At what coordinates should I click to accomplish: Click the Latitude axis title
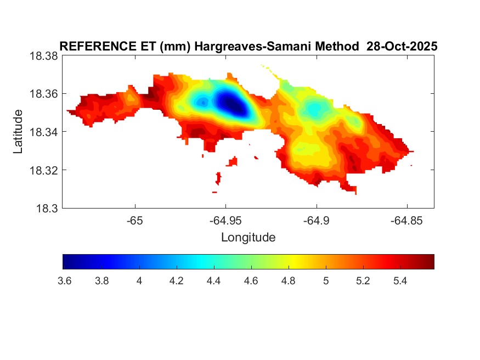click(18, 132)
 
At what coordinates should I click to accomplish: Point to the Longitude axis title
click(248, 238)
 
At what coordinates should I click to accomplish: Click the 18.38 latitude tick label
click(43, 56)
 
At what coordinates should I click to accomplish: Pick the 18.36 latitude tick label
click(43, 94)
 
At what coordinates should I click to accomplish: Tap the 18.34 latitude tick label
click(43, 132)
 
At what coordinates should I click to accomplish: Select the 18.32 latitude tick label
click(43, 170)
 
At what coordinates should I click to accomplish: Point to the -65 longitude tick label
click(135, 220)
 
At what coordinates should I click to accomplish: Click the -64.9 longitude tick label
click(316, 220)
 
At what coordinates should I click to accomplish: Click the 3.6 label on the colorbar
click(64, 281)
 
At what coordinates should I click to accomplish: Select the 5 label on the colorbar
click(326, 281)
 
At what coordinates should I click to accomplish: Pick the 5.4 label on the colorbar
click(400, 281)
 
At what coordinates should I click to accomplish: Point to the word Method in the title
click(335, 47)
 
